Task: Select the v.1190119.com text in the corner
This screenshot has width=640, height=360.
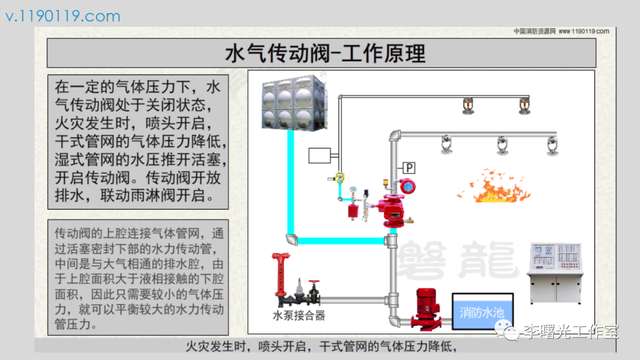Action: tap(61, 15)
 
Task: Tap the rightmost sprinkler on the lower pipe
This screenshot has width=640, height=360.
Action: tap(550, 146)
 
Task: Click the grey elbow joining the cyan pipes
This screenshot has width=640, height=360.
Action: tap(291, 240)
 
